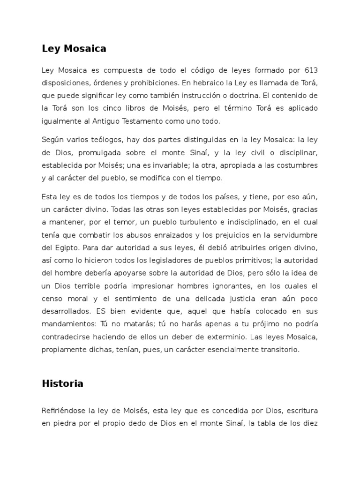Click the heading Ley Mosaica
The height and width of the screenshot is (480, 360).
(74, 48)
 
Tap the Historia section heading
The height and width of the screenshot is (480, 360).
(62, 383)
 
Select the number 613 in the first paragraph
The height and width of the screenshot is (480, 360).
(310, 71)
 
